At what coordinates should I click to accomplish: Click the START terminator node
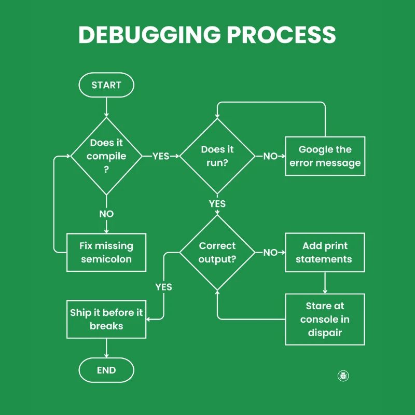pos(106,85)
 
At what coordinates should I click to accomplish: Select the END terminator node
pos(106,370)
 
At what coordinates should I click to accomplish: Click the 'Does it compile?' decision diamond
pos(106,156)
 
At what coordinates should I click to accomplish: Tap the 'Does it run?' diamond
pos(217,156)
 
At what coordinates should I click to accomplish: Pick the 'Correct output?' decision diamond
pos(217,252)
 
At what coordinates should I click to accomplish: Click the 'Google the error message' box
pos(325,156)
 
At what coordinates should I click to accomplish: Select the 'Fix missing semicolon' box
pos(106,252)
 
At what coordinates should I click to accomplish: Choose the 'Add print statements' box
pos(325,252)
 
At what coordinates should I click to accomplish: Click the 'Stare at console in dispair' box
pos(325,319)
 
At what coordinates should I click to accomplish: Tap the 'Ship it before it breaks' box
pos(106,319)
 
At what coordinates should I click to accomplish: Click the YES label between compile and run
pos(161,156)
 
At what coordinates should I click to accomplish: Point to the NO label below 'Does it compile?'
pos(106,214)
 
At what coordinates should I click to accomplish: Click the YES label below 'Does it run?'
pos(217,204)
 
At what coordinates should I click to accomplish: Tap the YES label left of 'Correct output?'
pos(163,287)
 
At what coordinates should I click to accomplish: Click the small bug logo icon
pos(343,376)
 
